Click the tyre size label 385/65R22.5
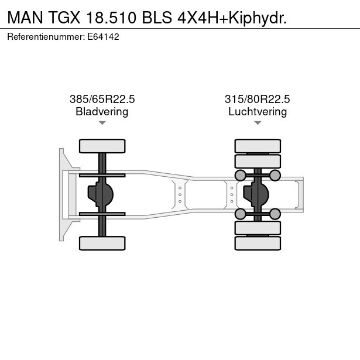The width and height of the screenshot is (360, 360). pos(102,99)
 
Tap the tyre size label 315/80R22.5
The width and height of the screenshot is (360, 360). pos(258,99)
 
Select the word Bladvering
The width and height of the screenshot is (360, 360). pos(102,112)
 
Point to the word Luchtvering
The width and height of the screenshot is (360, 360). pos(258,112)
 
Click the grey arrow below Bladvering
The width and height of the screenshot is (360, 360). pos(102,123)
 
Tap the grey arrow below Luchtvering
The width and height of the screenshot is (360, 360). pos(258,123)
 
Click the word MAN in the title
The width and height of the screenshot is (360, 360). pos(25,18)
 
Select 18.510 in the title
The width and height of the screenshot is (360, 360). pos(111,18)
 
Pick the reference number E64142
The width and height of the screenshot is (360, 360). pos(103,37)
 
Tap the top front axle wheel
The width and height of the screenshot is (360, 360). pos(102,146)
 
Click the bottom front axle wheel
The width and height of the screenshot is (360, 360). pos(102,243)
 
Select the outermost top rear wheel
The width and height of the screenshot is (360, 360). pos(258,146)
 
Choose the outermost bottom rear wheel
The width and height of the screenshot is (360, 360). pos(258,244)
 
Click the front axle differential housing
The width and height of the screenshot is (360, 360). pos(101,195)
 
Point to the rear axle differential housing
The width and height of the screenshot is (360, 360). pos(256,195)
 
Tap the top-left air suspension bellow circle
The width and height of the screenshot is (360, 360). pos(241,176)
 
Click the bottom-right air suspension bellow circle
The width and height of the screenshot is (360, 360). pos(275,214)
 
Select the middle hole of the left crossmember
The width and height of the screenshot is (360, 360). pos(180,195)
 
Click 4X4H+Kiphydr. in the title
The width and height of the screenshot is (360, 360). pos(232,18)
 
